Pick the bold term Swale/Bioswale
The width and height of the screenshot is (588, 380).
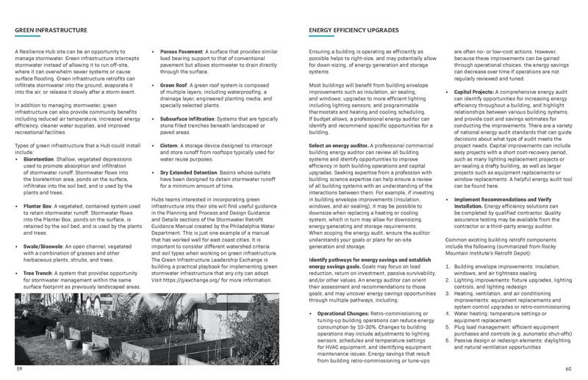point(43,237)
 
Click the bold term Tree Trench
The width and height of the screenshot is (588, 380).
point(37,273)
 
